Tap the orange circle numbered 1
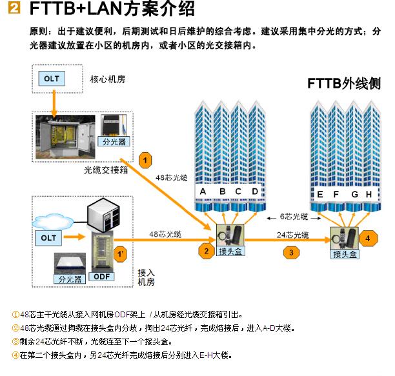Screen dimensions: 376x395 pyautogui.click(x=147, y=159)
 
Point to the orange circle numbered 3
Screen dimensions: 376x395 pyautogui.click(x=292, y=252)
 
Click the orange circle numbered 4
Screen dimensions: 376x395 pyautogui.click(x=368, y=238)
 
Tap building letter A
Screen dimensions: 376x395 pyautogui.click(x=203, y=192)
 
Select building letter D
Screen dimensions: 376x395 pyautogui.click(x=255, y=192)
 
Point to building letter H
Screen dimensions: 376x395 pyautogui.click(x=369, y=193)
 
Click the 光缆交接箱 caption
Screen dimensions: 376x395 pyautogui.click(x=105, y=170)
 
